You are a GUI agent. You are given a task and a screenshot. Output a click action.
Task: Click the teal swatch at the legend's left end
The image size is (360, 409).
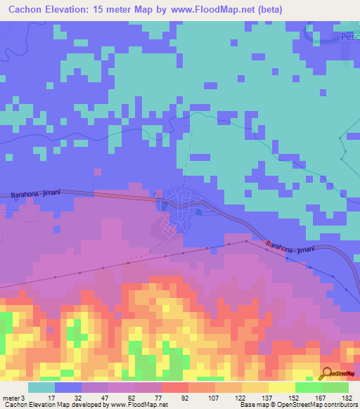tap(41, 388)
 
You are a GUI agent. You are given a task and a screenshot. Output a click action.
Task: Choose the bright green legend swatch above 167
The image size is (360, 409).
tap(309, 388)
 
